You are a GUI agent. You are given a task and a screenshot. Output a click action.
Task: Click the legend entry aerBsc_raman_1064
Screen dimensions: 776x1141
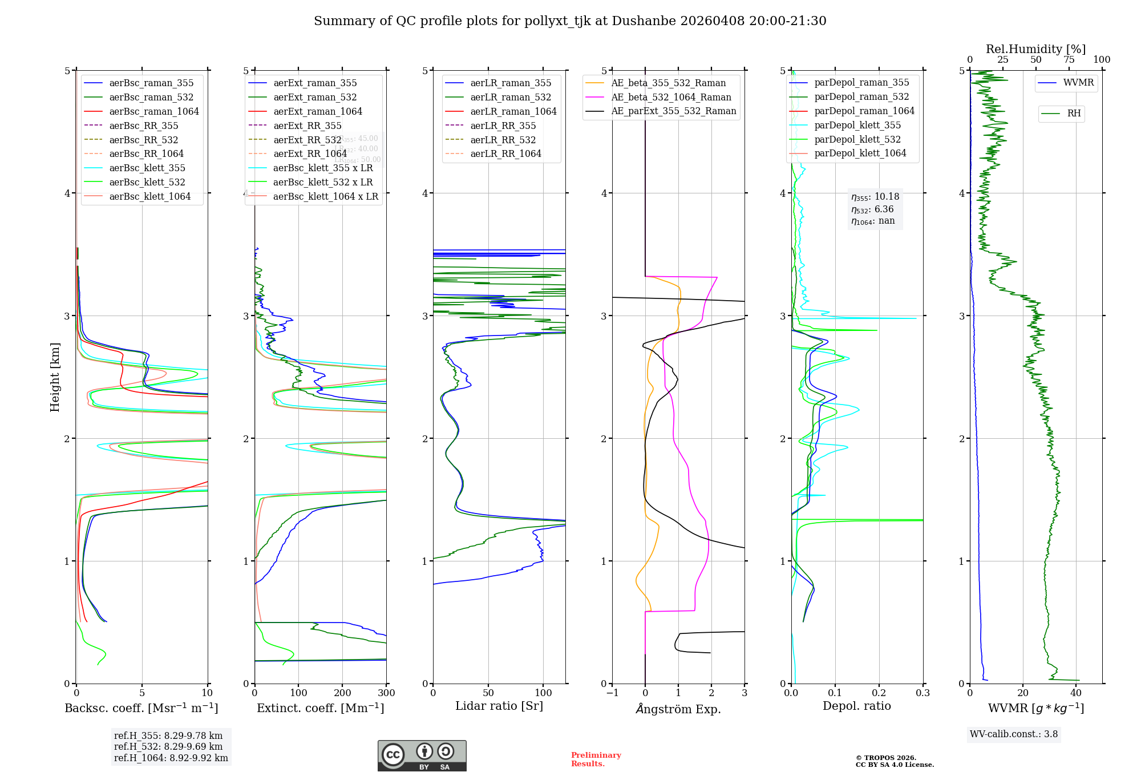154,111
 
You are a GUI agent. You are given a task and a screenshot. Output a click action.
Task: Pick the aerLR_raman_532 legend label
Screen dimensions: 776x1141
511,97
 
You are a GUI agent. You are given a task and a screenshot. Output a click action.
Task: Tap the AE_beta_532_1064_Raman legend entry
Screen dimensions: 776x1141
671,97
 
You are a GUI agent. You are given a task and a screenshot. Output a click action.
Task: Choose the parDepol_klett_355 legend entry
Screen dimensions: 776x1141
857,125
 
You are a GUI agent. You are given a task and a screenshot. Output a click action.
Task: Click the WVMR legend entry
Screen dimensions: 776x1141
1078,83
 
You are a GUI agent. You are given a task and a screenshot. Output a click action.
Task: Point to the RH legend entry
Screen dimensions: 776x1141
1074,114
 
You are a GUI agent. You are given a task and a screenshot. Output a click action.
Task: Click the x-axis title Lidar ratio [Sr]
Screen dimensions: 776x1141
499,706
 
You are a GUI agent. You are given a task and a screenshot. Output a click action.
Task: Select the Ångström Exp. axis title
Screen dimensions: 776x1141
678,709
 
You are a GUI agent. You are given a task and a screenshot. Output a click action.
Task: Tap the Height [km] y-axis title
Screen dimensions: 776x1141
55,377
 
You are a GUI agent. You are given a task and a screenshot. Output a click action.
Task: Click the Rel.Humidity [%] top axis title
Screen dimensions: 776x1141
1035,49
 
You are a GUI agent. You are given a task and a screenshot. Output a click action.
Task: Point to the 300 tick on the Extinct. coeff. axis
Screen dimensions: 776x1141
386,693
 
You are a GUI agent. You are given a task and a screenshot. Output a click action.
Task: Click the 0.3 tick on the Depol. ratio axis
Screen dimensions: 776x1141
922,693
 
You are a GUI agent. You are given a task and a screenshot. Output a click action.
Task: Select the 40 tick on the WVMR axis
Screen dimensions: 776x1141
1076,693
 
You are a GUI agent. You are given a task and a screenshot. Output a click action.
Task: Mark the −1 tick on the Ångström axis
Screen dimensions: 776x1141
612,693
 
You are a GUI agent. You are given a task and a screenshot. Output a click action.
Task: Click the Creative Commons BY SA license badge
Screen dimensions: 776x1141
422,756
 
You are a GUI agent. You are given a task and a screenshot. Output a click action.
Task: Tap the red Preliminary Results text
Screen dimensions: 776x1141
596,759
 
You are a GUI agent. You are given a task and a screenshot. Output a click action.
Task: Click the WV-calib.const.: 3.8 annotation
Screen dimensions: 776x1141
1014,734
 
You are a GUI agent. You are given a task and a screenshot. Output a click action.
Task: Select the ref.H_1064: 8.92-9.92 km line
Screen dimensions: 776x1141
171,758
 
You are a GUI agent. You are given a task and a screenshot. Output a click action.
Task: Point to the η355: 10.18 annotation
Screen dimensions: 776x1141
875,197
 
